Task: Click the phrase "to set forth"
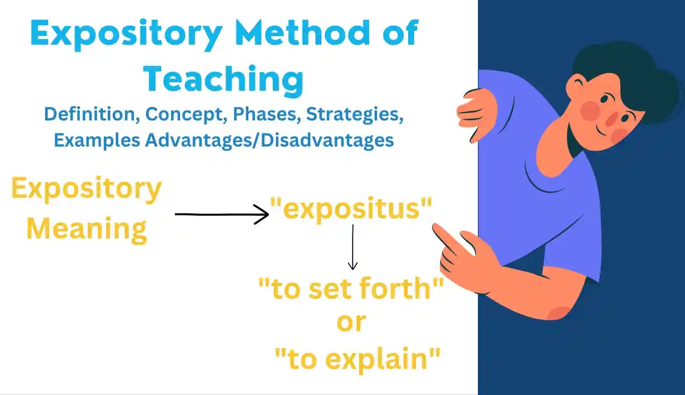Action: [x=351, y=290]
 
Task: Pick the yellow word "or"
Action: [x=351, y=322]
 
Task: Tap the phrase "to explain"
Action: [x=358, y=358]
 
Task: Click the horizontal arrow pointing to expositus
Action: [x=221, y=214]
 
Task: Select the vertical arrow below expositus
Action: [x=353, y=247]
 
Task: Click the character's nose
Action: [x=612, y=118]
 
